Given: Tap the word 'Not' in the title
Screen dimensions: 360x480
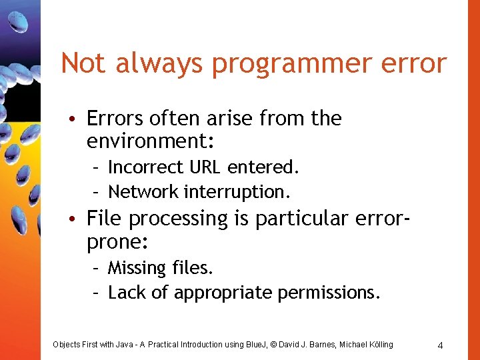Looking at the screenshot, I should [83, 63].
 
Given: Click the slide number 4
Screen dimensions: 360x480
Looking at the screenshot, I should [440, 345].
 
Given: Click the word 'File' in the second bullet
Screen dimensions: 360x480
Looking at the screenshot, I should [105, 218].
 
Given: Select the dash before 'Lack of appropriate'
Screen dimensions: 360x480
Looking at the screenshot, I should [96, 293].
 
